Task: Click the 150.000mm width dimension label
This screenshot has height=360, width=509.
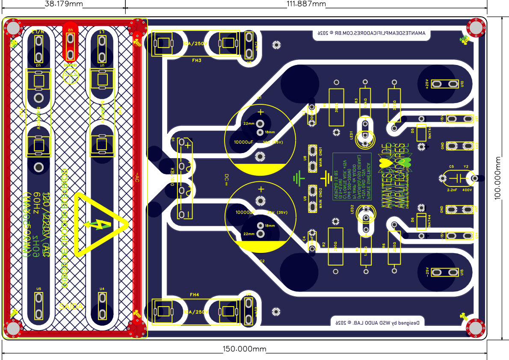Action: [x=244, y=349]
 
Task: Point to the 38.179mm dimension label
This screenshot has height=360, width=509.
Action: [x=64, y=4]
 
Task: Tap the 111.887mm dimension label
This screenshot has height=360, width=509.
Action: [x=306, y=4]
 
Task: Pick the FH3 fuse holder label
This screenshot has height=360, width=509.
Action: [x=197, y=61]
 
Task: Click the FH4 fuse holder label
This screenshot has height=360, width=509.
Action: [x=195, y=295]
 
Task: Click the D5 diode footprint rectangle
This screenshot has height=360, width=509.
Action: [x=421, y=133]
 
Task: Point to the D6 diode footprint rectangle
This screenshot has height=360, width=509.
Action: [x=421, y=222]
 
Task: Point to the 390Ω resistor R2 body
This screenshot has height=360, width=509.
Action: [x=335, y=247]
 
